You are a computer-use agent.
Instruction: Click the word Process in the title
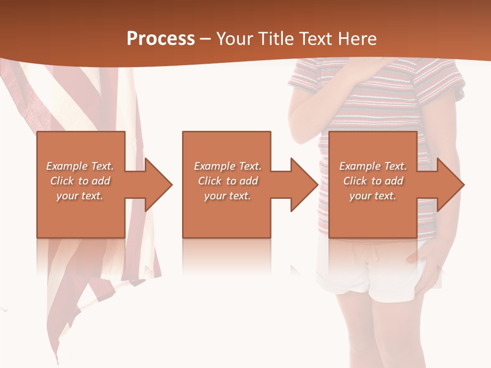pos(161,39)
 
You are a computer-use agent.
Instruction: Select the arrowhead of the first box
pos(155,185)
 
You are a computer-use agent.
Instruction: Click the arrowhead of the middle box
pos(302,185)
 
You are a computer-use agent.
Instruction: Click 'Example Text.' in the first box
pos(80,166)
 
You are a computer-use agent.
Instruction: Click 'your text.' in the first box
pos(80,196)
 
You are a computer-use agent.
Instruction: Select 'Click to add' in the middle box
pos(228,181)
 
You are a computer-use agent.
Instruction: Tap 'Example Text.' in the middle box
pos(228,166)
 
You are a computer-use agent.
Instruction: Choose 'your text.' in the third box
pos(373,196)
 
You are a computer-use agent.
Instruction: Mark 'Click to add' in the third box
pos(373,181)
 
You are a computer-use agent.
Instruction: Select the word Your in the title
pos(235,39)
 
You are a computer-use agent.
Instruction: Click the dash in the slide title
pos(205,39)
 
